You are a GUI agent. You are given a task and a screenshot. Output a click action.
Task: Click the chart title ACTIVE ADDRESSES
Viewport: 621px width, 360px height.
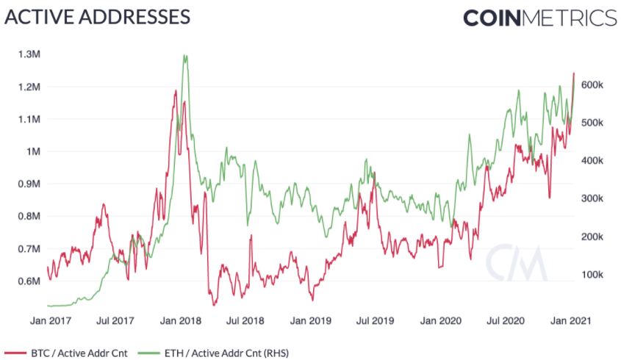(x=98, y=17)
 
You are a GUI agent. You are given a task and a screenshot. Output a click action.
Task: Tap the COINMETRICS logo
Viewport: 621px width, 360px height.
(x=539, y=18)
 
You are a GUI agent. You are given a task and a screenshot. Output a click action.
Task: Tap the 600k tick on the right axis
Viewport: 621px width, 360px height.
(x=592, y=84)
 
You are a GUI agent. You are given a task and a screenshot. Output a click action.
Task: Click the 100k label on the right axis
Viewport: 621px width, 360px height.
(x=592, y=275)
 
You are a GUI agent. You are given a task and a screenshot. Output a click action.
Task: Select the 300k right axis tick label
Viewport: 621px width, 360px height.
(x=592, y=198)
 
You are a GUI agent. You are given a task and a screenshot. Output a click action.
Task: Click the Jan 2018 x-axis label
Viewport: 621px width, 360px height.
(x=179, y=321)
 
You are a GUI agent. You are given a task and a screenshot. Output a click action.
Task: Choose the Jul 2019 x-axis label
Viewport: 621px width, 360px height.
(x=376, y=321)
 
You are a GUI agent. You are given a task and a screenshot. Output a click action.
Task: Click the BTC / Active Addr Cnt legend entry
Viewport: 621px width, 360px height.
(x=73, y=353)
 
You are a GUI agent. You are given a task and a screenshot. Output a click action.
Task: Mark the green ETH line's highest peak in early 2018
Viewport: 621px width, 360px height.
(x=184, y=56)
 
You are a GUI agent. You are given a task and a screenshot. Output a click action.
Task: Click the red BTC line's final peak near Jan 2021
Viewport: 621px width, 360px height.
(x=573, y=73)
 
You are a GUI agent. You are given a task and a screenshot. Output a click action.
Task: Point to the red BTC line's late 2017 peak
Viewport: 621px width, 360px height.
(x=176, y=90)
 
